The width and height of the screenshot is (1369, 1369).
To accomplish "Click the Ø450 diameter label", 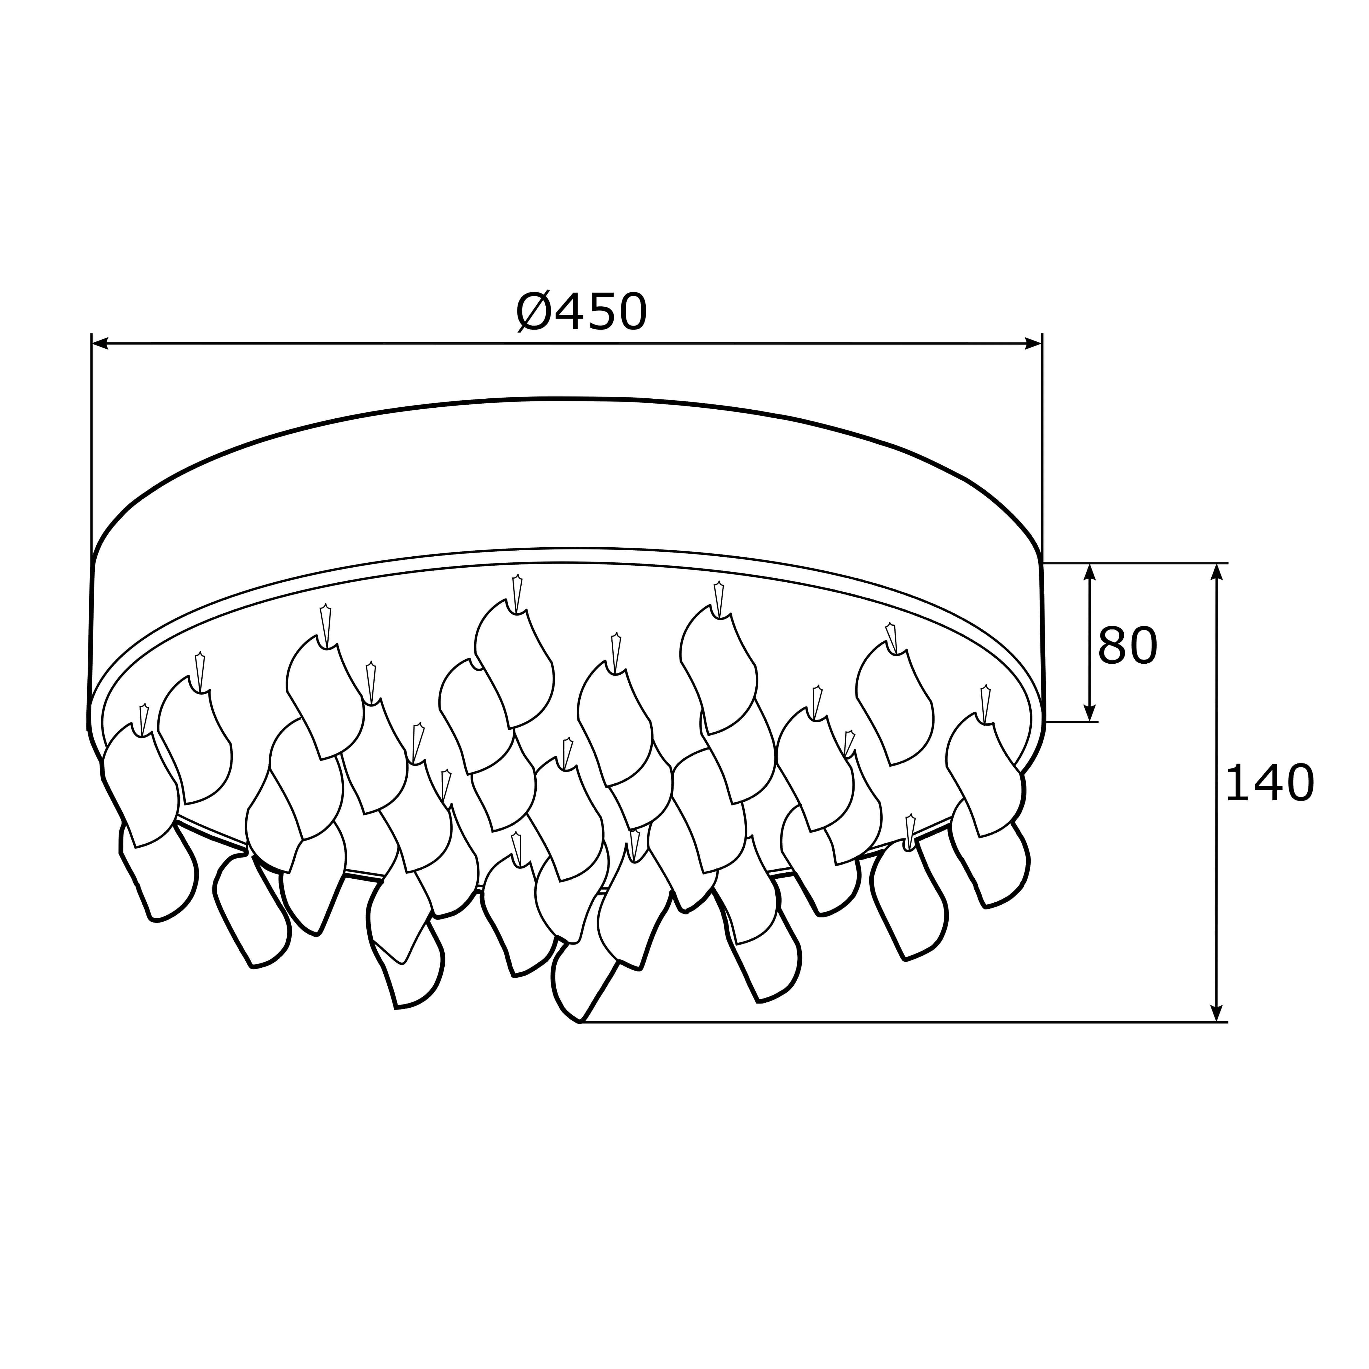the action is click(x=581, y=312).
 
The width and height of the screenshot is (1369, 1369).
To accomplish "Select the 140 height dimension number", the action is click(x=1269, y=784).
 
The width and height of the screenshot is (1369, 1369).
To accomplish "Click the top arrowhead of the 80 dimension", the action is click(x=1090, y=572).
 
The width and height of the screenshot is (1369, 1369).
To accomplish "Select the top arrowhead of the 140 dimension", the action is click(x=1217, y=572).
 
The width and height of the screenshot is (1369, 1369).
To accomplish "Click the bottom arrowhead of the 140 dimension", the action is click(x=1217, y=1013).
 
